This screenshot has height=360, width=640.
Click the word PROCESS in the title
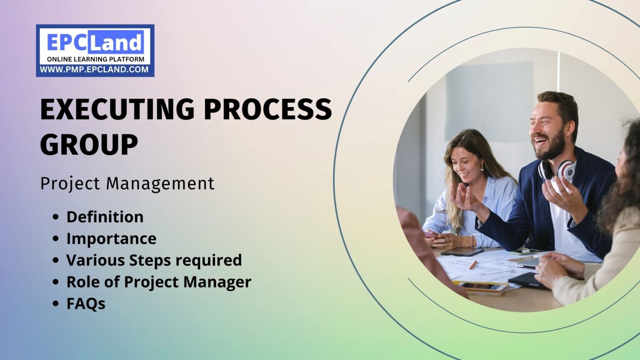(x=267, y=109)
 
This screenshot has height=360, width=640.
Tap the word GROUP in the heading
(x=89, y=145)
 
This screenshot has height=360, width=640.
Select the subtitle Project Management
(x=127, y=183)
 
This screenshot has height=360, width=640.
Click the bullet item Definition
(x=105, y=217)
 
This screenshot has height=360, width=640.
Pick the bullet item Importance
(x=111, y=238)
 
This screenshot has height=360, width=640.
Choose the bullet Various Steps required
(x=154, y=260)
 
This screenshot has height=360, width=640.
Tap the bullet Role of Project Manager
(x=159, y=282)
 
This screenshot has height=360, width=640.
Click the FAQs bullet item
(x=86, y=303)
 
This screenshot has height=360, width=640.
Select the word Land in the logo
(x=115, y=42)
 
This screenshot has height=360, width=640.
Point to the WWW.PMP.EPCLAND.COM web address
(x=95, y=70)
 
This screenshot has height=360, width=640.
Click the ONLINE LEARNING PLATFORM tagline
(x=95, y=59)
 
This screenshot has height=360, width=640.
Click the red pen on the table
(x=473, y=265)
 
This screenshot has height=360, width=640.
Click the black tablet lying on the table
(x=462, y=252)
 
